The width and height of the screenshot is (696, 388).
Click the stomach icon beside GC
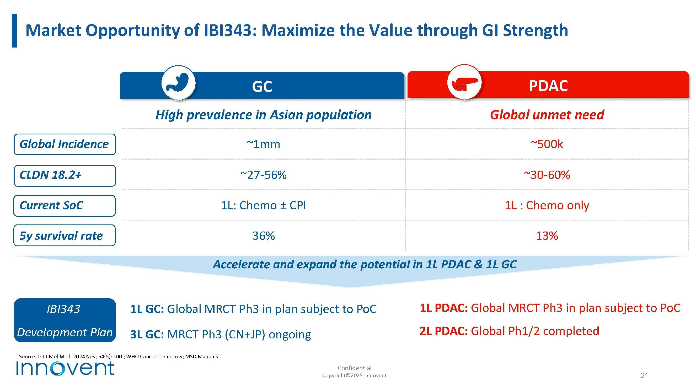178,82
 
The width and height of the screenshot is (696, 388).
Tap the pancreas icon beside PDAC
464,82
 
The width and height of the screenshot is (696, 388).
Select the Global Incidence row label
64,144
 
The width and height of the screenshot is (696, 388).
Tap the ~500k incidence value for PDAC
547,144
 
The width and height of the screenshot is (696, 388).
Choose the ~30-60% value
547,175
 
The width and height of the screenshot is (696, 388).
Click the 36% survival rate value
264,236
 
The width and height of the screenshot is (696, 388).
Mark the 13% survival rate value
547,236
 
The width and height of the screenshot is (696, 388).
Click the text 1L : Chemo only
547,206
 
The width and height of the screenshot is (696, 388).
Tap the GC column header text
262,87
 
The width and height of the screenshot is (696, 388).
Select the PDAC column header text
548,86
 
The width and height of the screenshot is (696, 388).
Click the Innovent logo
65,368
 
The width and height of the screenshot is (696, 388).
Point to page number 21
644,376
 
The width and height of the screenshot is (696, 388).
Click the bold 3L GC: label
147,335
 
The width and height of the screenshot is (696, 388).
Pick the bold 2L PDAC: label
444,331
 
